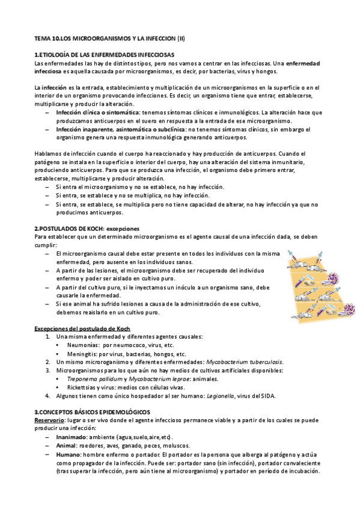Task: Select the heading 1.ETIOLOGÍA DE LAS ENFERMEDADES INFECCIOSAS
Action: tap(113, 55)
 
